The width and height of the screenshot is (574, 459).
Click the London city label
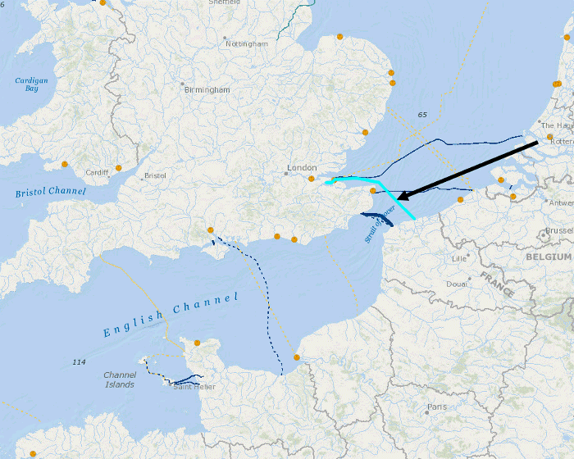pos(301,168)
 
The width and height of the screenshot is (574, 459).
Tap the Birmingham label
pos(207,89)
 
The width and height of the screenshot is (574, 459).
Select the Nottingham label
pos(246,43)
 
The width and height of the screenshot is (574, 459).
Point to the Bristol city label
pos(155,175)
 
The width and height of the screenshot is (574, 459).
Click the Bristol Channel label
pos(50,192)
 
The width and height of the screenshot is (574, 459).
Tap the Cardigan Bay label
pos(31,84)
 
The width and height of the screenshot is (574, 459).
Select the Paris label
pos(437,407)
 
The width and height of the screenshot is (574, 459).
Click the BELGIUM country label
pos(549,257)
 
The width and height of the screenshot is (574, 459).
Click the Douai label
pos(457,284)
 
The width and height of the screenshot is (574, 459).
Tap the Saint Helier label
pos(194,387)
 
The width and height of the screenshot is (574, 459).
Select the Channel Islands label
pos(120,379)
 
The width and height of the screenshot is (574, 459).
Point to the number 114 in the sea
pos(79,362)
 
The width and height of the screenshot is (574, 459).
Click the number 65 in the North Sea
pos(422,115)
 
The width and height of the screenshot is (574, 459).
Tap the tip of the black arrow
pos(399,198)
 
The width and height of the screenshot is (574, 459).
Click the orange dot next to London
pos(312,178)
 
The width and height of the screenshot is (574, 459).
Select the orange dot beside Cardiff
pos(119,168)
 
